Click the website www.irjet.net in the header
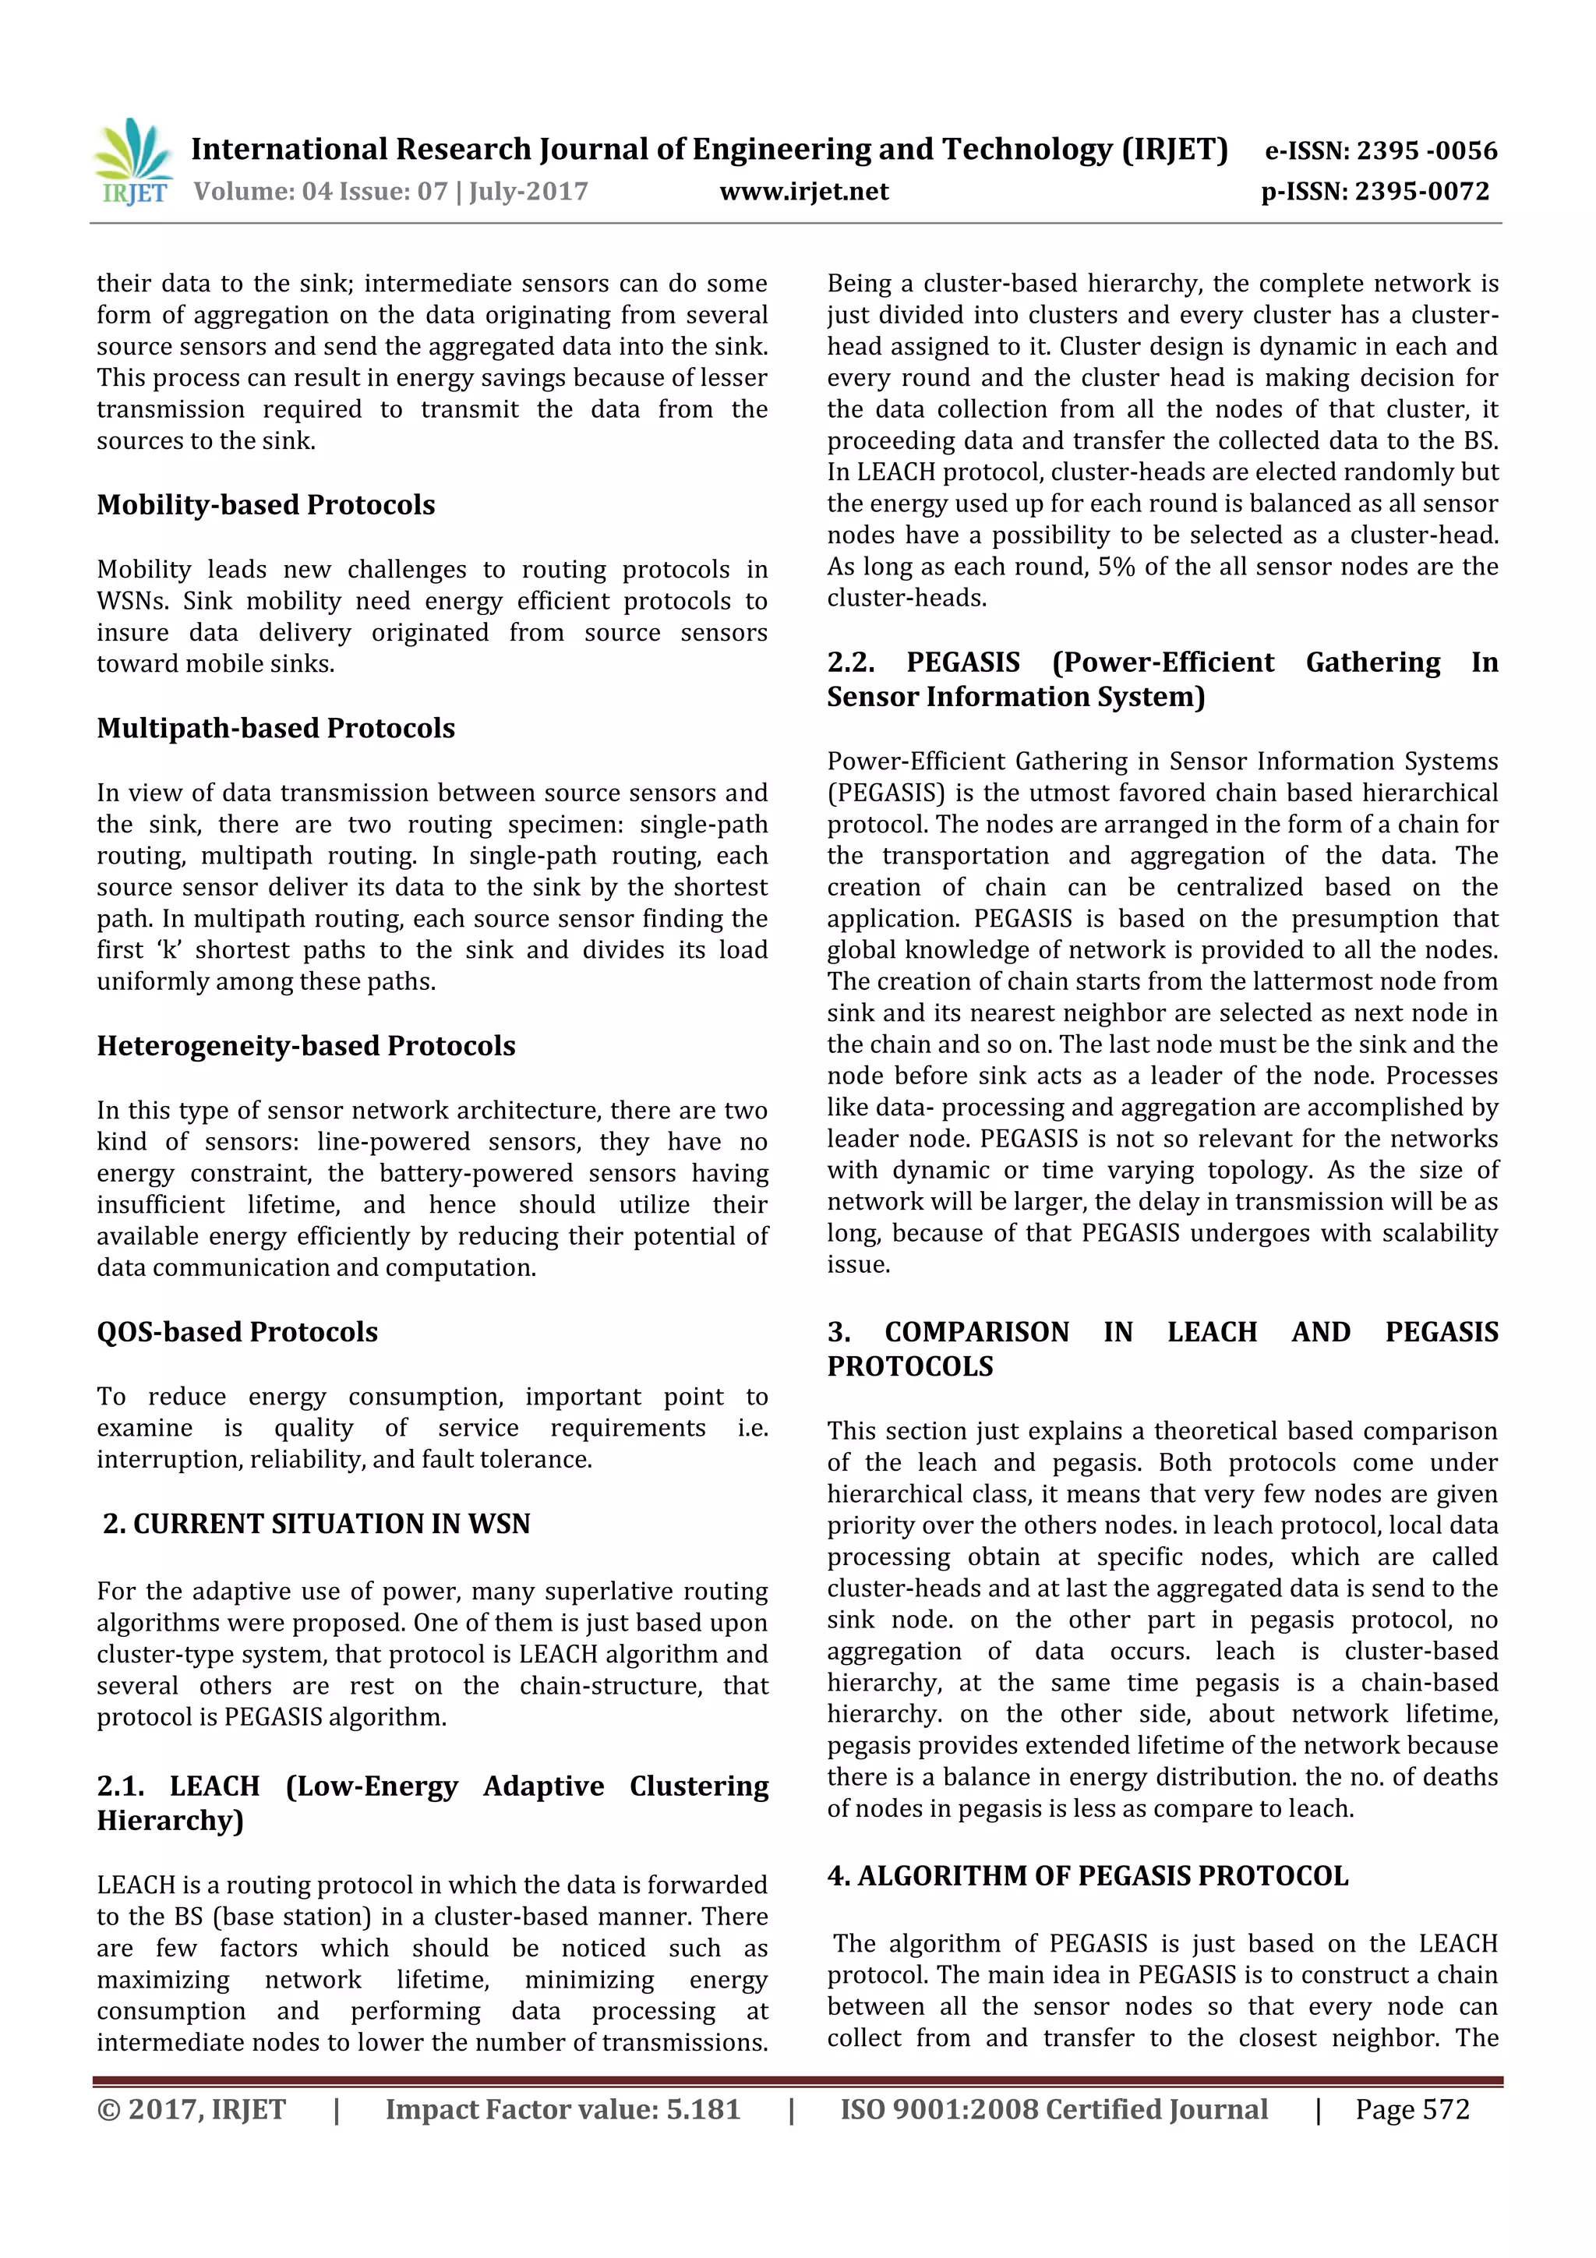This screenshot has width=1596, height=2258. [803, 192]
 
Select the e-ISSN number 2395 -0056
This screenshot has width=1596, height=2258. [1426, 151]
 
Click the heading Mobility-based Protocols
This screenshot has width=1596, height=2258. [266, 506]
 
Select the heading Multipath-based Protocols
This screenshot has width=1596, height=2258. [275, 729]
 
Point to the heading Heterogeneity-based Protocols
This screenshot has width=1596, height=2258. [305, 1047]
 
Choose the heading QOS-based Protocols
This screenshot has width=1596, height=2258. [237, 1333]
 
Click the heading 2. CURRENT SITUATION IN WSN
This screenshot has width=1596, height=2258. [316, 1525]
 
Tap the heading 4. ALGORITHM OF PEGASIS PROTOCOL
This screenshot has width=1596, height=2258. [1086, 1876]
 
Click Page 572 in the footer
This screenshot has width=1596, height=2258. [1411, 2109]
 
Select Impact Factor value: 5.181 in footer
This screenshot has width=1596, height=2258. [563, 2109]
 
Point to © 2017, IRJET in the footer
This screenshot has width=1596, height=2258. [191, 2109]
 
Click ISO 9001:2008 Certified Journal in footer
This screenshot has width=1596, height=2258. [1053, 2109]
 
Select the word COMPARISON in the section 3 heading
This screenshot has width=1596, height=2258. [976, 1333]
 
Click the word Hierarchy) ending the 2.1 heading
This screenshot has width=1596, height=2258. [170, 1822]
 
